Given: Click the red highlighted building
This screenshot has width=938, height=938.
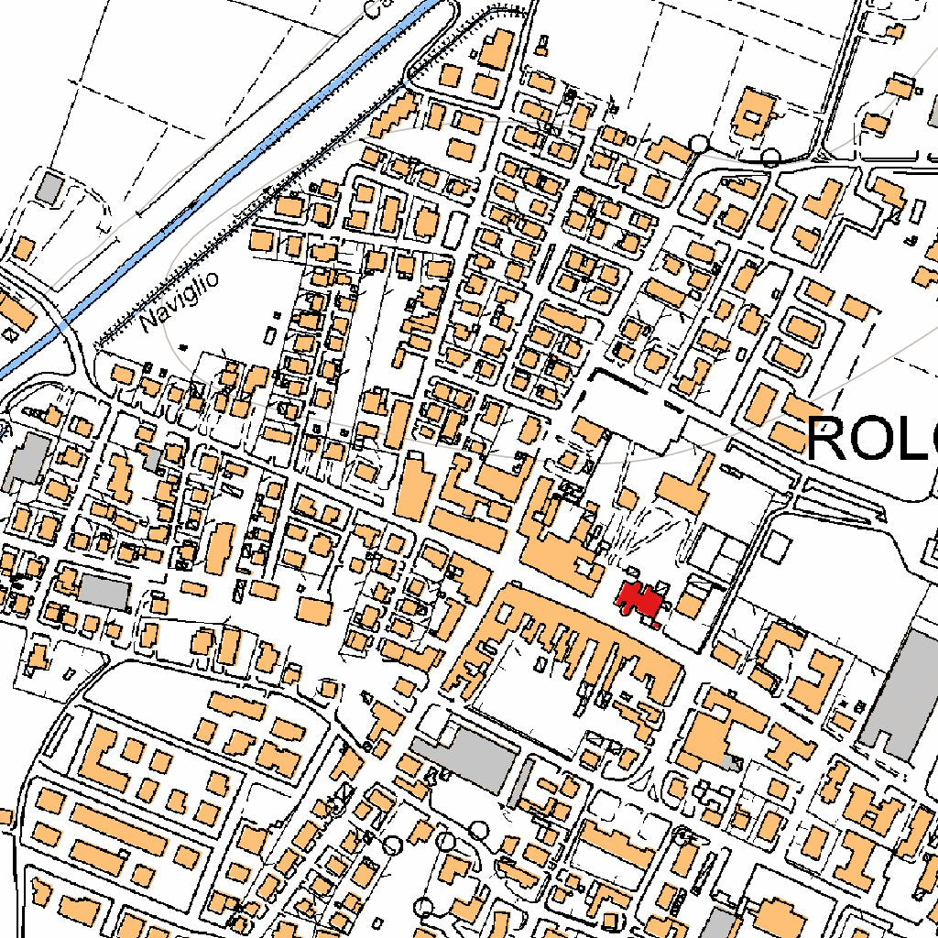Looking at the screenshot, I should [x=639, y=599].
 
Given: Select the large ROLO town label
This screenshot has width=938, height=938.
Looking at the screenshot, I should [x=871, y=438].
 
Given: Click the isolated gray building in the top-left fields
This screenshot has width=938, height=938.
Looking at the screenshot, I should [x=49, y=188].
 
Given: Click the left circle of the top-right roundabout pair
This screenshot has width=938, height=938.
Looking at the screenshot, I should [x=699, y=143].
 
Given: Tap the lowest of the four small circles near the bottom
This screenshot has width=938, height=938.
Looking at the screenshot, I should [x=422, y=907].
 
